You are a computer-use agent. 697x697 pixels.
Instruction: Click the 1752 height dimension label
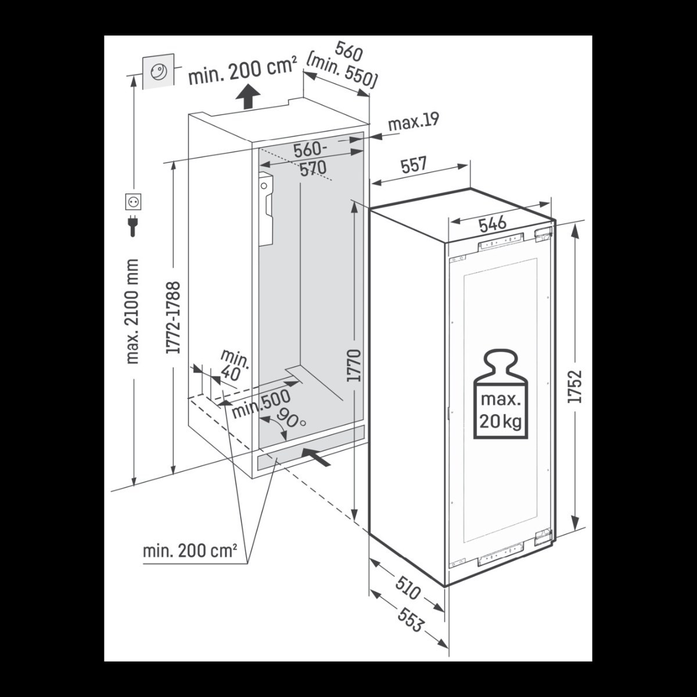point(575,386)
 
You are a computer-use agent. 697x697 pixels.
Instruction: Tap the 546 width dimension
point(493,224)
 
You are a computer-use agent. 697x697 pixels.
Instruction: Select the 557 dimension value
point(414,165)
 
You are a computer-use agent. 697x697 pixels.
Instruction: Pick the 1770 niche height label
point(353,365)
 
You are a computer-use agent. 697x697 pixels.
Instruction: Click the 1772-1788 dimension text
point(173,318)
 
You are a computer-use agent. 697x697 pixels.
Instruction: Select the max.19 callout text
point(414,122)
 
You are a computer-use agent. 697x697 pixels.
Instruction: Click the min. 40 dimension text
point(233,365)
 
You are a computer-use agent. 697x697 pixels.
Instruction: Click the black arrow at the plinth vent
point(316,457)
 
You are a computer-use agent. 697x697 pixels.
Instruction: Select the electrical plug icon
point(133,225)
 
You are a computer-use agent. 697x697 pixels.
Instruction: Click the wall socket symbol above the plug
point(133,202)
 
